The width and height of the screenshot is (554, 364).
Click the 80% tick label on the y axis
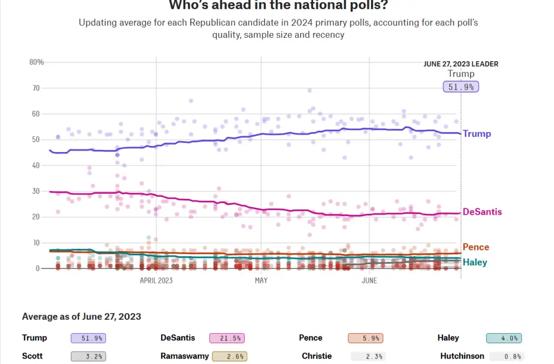pyautogui.click(x=36, y=62)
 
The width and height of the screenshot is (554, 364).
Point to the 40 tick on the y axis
pyautogui.click(x=36, y=165)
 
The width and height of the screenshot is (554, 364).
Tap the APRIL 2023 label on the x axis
pyautogui.click(x=156, y=281)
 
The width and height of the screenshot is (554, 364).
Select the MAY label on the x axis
pyautogui.click(x=261, y=281)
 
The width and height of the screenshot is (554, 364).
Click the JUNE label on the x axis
pyautogui.click(x=369, y=281)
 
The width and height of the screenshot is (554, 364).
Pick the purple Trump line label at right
pyautogui.click(x=477, y=134)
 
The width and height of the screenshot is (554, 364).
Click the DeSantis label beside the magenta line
pyautogui.click(x=482, y=212)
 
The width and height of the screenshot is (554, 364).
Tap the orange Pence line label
pyautogui.click(x=476, y=247)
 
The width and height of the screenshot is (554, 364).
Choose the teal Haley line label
pyautogui.click(x=475, y=262)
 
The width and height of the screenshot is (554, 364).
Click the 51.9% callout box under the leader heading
pyautogui.click(x=461, y=87)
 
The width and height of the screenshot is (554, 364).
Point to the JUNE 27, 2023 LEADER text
pyautogui.click(x=461, y=64)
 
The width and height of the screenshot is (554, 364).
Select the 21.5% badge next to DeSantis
pyautogui.click(x=227, y=338)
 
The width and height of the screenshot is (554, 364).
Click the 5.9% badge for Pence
pyautogui.click(x=366, y=338)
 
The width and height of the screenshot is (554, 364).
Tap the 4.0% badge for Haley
pyautogui.click(x=504, y=338)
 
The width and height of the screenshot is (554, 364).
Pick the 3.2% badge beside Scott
pyautogui.click(x=88, y=356)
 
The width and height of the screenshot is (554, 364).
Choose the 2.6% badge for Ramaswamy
pyautogui.click(x=229, y=356)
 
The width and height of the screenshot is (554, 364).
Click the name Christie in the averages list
pyautogui.click(x=316, y=356)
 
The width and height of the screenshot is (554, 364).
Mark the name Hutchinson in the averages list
pyautogui.click(x=462, y=356)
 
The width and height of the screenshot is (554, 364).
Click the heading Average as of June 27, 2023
pyautogui.click(x=82, y=316)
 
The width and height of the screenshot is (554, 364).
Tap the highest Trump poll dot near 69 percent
pyautogui.click(x=309, y=90)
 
